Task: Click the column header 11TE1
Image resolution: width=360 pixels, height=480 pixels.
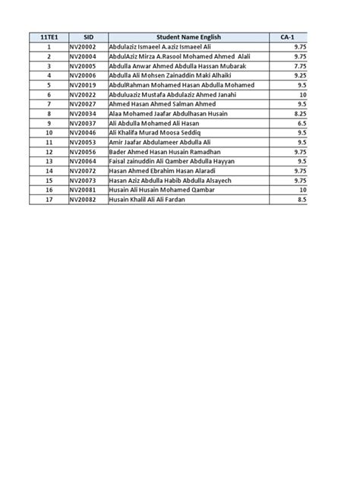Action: (47, 36)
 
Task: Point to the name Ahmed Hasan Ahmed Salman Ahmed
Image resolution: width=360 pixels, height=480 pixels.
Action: (163, 104)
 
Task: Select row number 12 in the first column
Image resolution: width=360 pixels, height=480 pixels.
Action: (47, 151)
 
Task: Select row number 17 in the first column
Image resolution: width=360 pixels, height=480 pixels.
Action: (47, 199)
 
